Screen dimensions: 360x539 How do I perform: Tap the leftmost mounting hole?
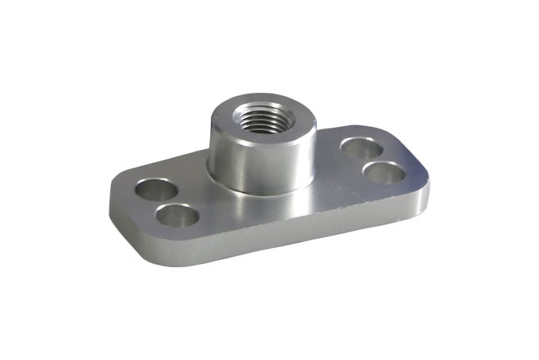click(155, 190)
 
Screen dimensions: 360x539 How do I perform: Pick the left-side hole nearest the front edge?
click(178, 215)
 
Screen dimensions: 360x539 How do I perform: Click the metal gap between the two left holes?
click(166, 202)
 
